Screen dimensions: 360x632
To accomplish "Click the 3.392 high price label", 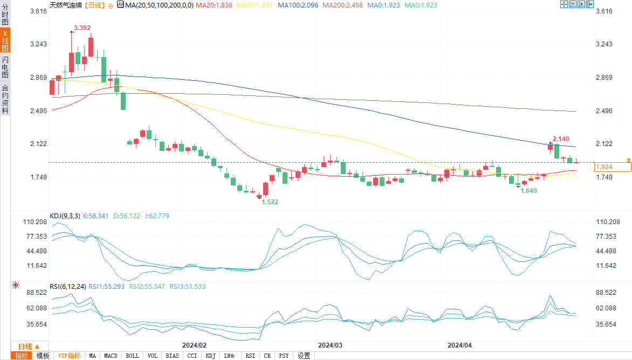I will coord(83,27).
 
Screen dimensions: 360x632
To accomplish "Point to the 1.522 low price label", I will coord(270,202).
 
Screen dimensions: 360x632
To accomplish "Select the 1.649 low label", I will coord(528,191).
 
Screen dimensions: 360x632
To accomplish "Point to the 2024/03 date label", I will coord(331,345).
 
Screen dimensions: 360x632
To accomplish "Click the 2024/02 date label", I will coord(195,345).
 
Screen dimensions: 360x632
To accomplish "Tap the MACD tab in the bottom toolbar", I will coord(111,356).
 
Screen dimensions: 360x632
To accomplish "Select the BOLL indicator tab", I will coord(132,356).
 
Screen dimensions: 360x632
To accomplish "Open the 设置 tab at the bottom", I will coord(304,356).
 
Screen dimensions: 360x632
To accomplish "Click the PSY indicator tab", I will coord(284,356).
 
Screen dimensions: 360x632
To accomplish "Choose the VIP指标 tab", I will coord(69,356).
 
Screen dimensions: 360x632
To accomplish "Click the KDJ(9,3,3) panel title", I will coord(65,216).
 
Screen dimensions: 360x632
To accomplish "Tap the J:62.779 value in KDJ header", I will coord(155,216).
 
